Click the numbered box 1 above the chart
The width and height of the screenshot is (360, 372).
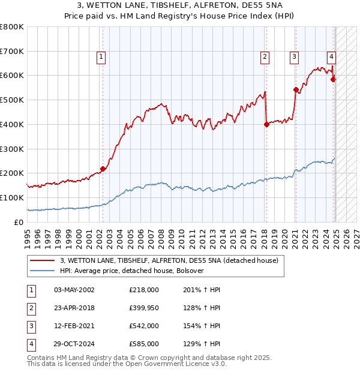click(101, 57)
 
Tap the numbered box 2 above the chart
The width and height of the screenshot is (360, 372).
click(265, 57)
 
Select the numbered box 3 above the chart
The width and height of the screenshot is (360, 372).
click(295, 57)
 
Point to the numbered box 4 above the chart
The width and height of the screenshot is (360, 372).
click(331, 57)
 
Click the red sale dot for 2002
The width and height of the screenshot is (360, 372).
click(103, 169)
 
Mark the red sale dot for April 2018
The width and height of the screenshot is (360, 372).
click(266, 124)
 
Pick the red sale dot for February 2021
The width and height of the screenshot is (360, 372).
click(296, 89)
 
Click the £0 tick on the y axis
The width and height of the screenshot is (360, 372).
click(20, 222)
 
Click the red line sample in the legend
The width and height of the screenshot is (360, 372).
click(42, 261)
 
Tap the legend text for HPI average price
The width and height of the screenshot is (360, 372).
click(132, 271)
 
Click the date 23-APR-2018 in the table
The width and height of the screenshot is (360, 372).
click(74, 308)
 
